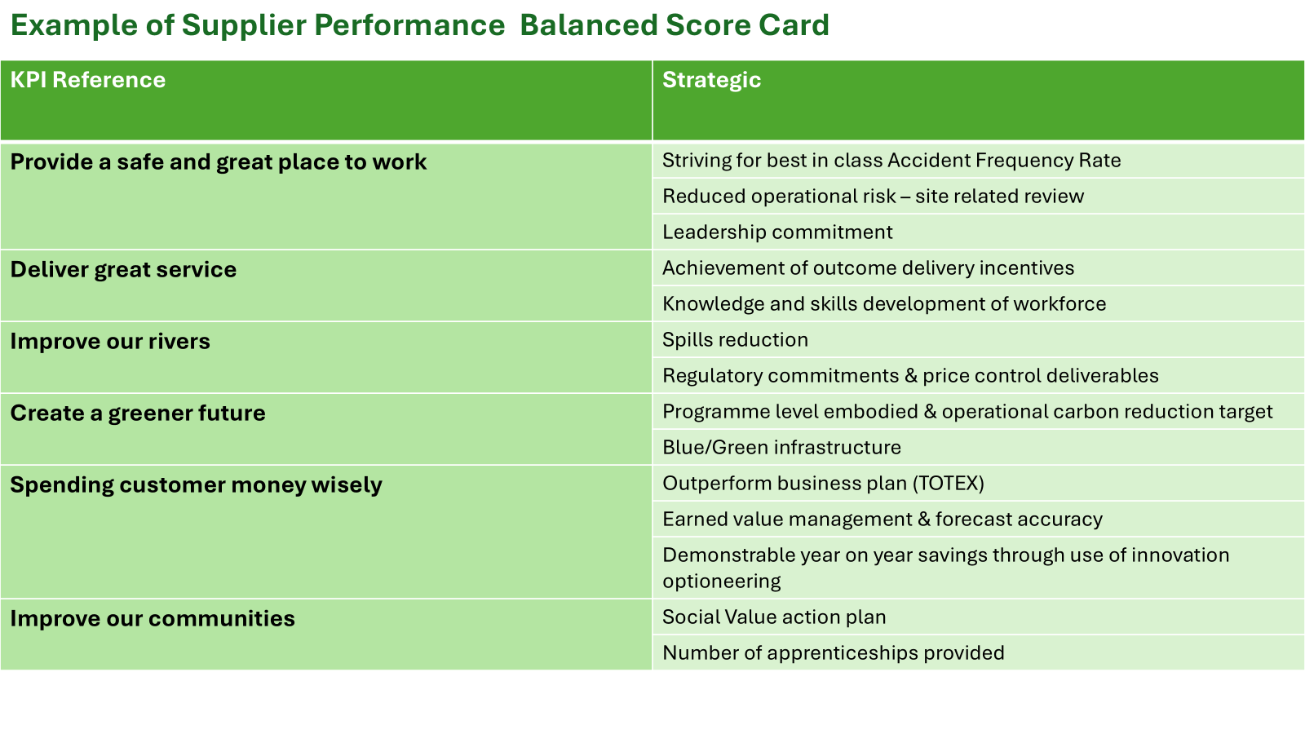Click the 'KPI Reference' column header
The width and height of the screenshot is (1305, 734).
tap(88, 80)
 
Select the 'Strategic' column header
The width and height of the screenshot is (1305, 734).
tap(711, 81)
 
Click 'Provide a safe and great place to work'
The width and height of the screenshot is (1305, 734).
tap(219, 162)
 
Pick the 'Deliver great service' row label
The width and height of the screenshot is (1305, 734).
tap(123, 270)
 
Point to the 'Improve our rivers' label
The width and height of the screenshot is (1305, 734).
tap(110, 342)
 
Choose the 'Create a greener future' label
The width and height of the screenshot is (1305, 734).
tap(138, 413)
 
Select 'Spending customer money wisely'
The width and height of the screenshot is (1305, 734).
tap(197, 485)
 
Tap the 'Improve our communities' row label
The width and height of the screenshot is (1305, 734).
tap(153, 619)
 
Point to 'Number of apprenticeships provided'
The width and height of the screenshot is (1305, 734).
tap(834, 653)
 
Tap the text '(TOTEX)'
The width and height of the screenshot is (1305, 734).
tap(949, 484)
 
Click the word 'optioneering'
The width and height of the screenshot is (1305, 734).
tap(721, 581)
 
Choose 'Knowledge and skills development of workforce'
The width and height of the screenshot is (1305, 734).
tap(884, 304)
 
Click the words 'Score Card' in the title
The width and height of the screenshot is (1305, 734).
tap(747, 25)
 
